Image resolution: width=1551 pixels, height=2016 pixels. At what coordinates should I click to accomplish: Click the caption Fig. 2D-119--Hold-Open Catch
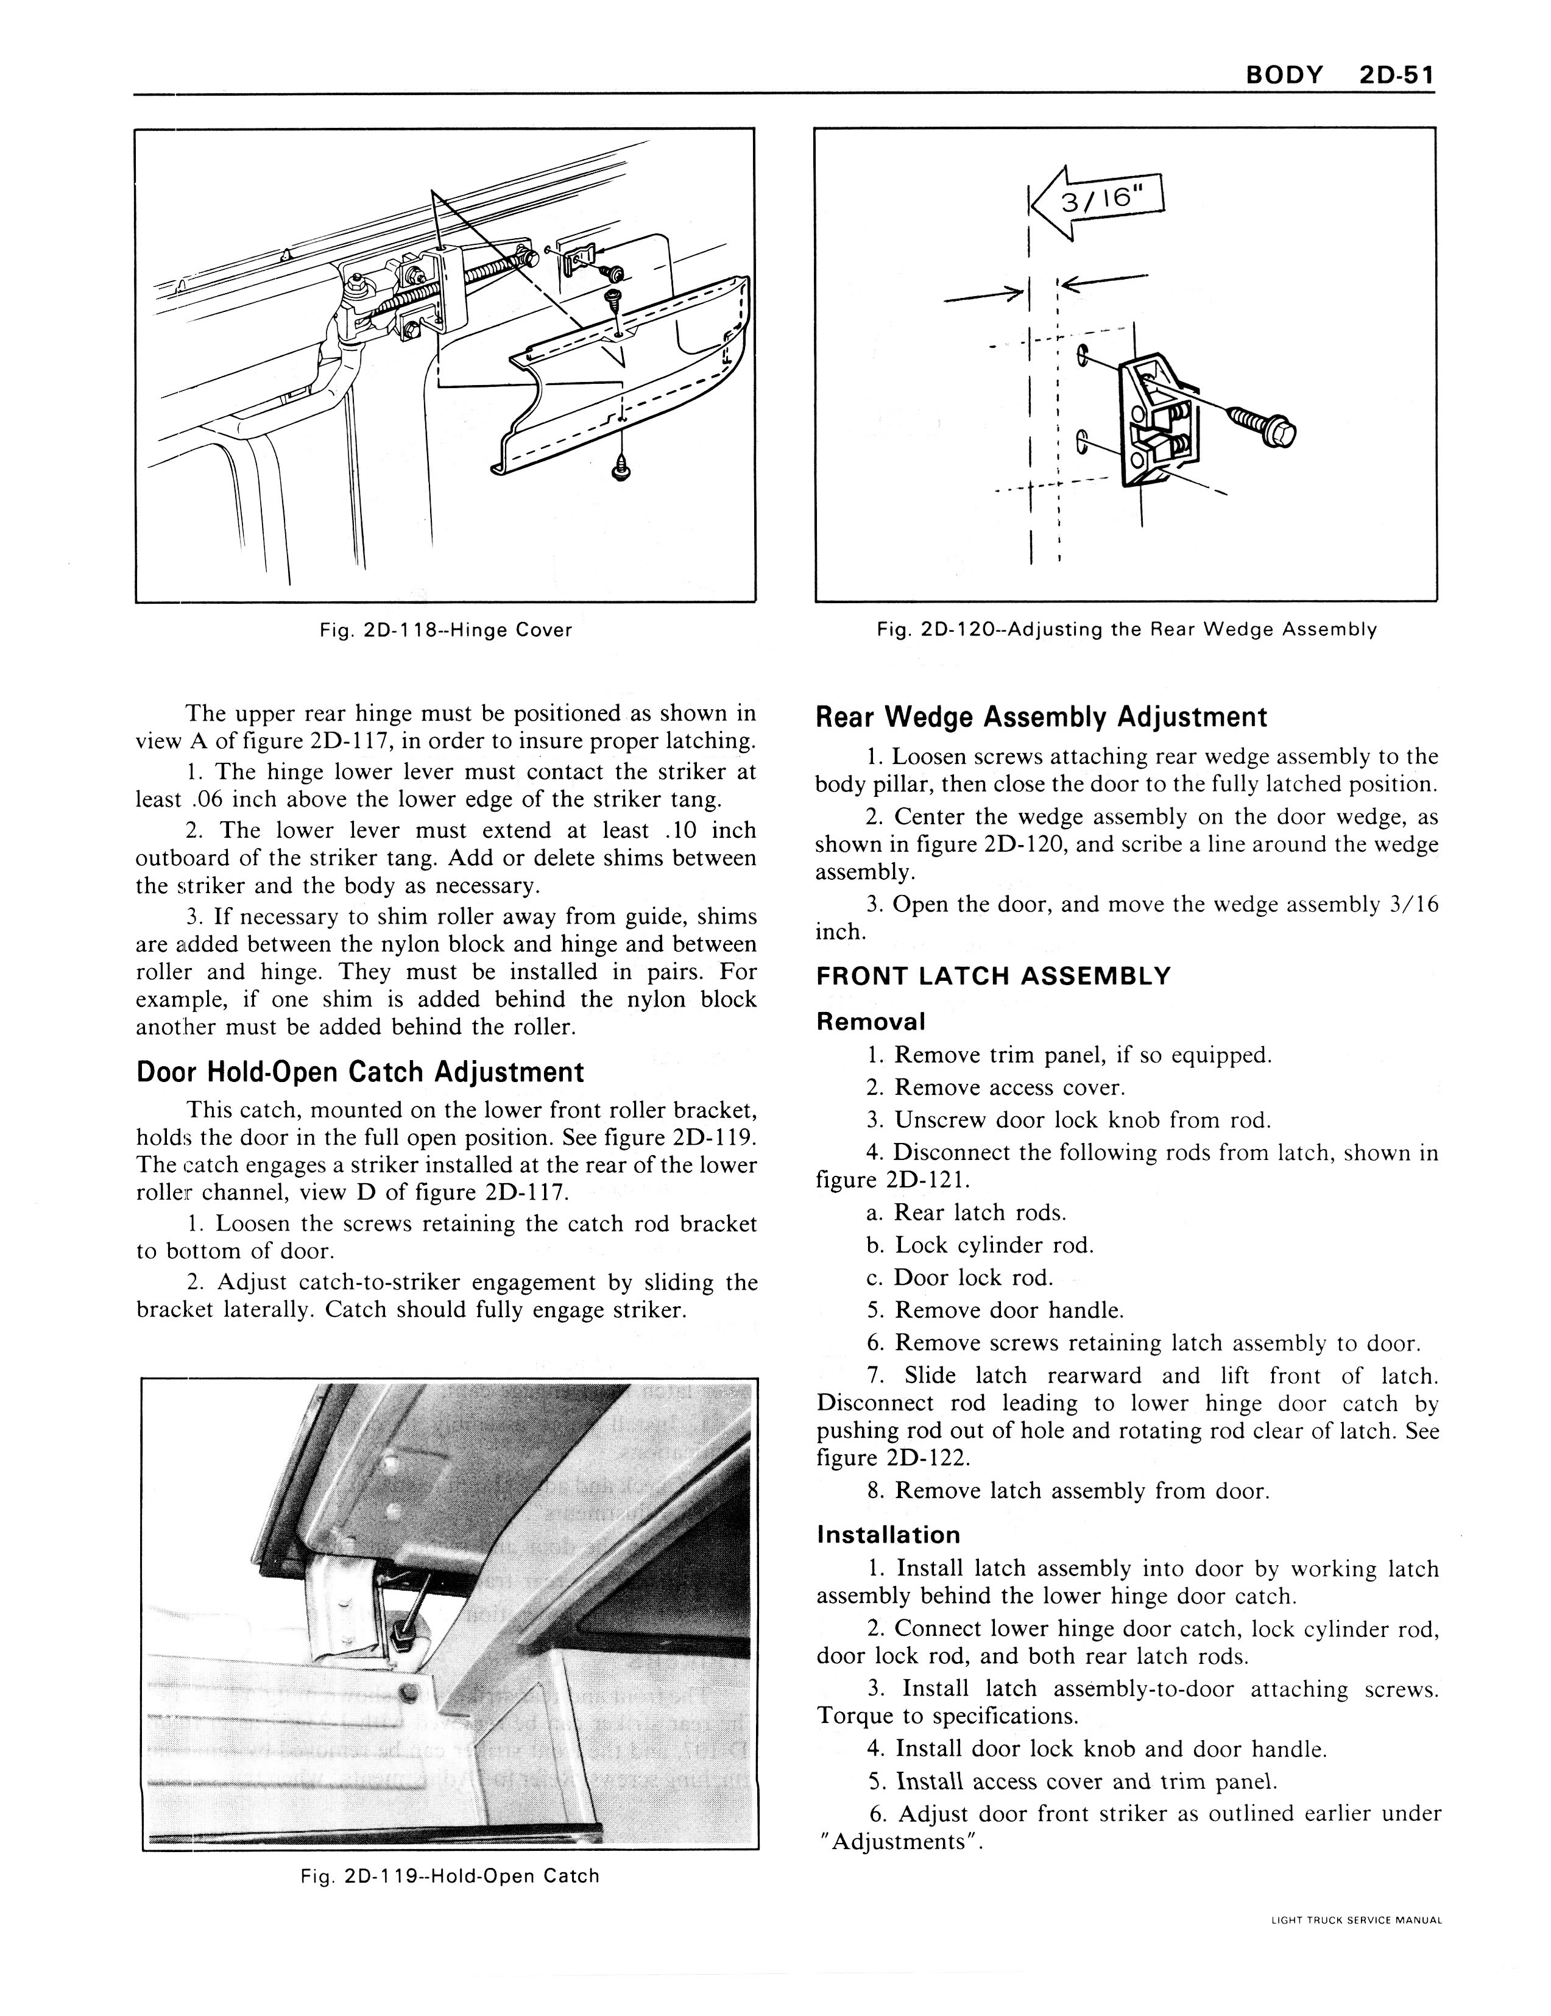450,1876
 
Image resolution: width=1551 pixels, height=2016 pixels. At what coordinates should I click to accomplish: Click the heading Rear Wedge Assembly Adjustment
1041,717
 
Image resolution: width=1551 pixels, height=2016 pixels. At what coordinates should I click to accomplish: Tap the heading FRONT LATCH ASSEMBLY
994,977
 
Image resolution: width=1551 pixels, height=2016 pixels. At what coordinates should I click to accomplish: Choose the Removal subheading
871,1022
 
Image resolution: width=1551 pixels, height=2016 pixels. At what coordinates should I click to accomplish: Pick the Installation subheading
888,1535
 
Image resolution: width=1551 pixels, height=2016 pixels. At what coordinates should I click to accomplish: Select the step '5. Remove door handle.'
995,1310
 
